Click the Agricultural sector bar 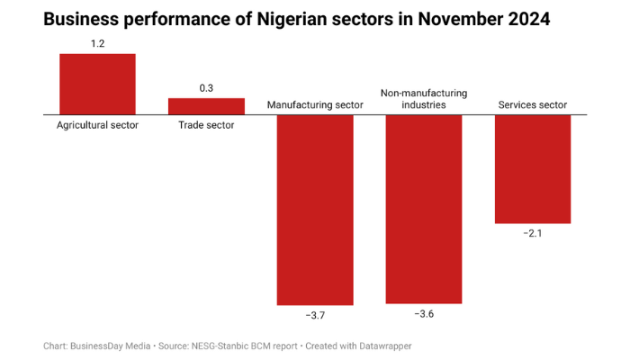pyautogui.click(x=97, y=84)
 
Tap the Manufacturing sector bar pyautogui.click(x=315, y=210)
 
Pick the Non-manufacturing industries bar pyautogui.click(x=424, y=209)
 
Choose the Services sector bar pyautogui.click(x=533, y=169)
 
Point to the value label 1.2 pyautogui.click(x=97, y=42)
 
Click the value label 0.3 pyautogui.click(x=206, y=87)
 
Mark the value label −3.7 pyautogui.click(x=315, y=316)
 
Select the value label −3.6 pyautogui.click(x=424, y=314)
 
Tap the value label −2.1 pyautogui.click(x=533, y=234)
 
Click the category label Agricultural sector pyautogui.click(x=97, y=125)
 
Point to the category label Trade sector pyautogui.click(x=206, y=125)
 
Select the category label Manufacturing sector pyautogui.click(x=315, y=105)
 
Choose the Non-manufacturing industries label pyautogui.click(x=424, y=99)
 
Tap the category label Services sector pyautogui.click(x=533, y=105)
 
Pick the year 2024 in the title pyautogui.click(x=520, y=18)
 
